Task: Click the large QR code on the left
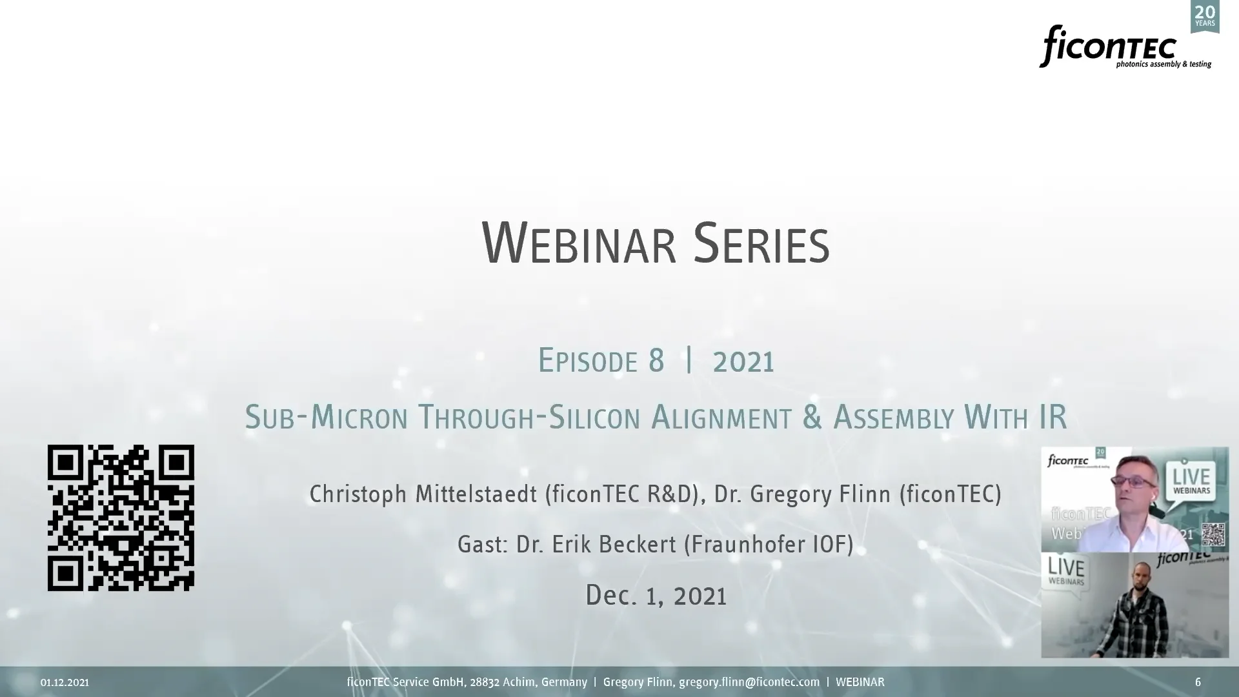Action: (x=121, y=518)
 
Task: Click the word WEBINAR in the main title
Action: (x=579, y=243)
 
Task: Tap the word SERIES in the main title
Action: (x=761, y=243)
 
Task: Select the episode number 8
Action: (x=656, y=360)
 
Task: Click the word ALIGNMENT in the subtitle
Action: (x=721, y=417)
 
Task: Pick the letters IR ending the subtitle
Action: (x=1053, y=417)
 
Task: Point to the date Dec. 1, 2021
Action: (x=656, y=595)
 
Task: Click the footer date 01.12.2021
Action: (x=65, y=682)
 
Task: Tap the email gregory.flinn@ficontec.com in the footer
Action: (x=749, y=682)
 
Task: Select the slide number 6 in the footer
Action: (x=1198, y=682)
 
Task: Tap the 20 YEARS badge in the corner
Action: (x=1205, y=16)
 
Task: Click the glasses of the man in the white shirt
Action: (x=1140, y=481)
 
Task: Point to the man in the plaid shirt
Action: (x=1143, y=610)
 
